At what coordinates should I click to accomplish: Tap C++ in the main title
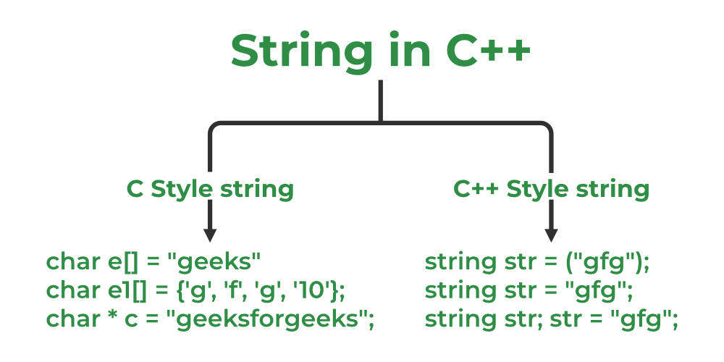point(489,49)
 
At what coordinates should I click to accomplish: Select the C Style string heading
point(210,189)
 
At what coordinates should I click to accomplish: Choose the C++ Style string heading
point(551,189)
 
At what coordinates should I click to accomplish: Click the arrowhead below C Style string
point(210,235)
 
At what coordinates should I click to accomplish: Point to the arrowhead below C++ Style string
point(551,235)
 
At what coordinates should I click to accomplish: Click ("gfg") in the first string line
point(605,261)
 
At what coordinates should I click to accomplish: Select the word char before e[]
point(70,261)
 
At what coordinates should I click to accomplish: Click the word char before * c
point(70,319)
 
